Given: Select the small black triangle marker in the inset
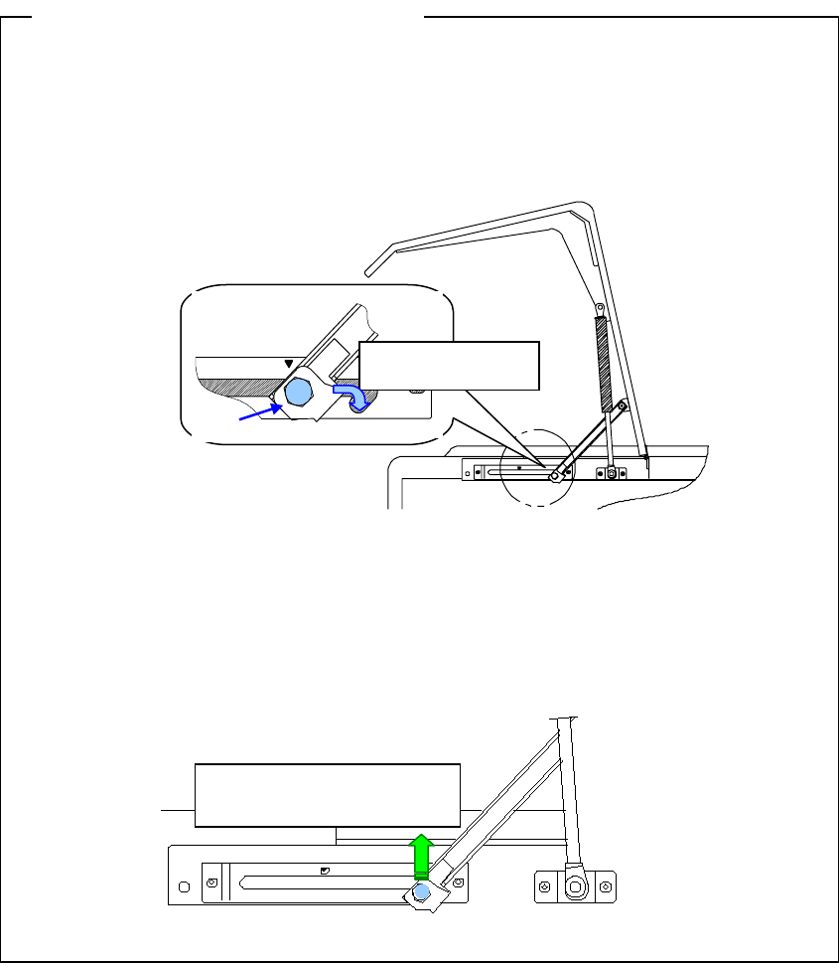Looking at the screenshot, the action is [x=289, y=364].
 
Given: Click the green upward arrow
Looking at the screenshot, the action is [x=421, y=854].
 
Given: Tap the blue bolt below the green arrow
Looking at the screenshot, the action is [x=422, y=891].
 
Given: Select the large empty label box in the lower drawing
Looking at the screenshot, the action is [x=328, y=794].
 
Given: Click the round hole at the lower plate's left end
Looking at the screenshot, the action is [x=184, y=883].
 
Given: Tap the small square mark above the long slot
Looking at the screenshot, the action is [x=326, y=870].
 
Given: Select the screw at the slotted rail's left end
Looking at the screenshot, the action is [x=212, y=882].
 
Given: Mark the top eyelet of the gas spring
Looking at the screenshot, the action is [x=599, y=309].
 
